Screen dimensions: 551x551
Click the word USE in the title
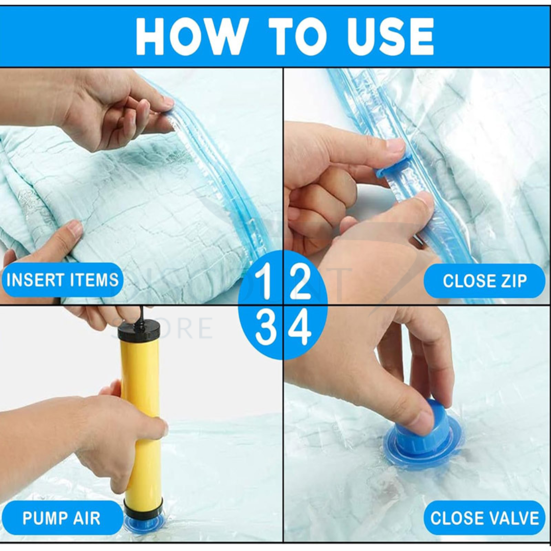click(390, 36)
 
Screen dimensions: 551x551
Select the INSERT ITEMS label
click(62, 280)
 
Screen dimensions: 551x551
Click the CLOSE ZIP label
click(484, 281)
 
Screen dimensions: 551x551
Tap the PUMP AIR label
click(61, 518)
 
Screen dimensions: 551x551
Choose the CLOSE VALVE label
click(484, 518)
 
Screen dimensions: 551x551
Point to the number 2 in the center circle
click(299, 281)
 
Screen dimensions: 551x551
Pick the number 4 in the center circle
click(299, 329)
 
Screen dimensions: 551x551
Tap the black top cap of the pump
click(139, 331)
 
